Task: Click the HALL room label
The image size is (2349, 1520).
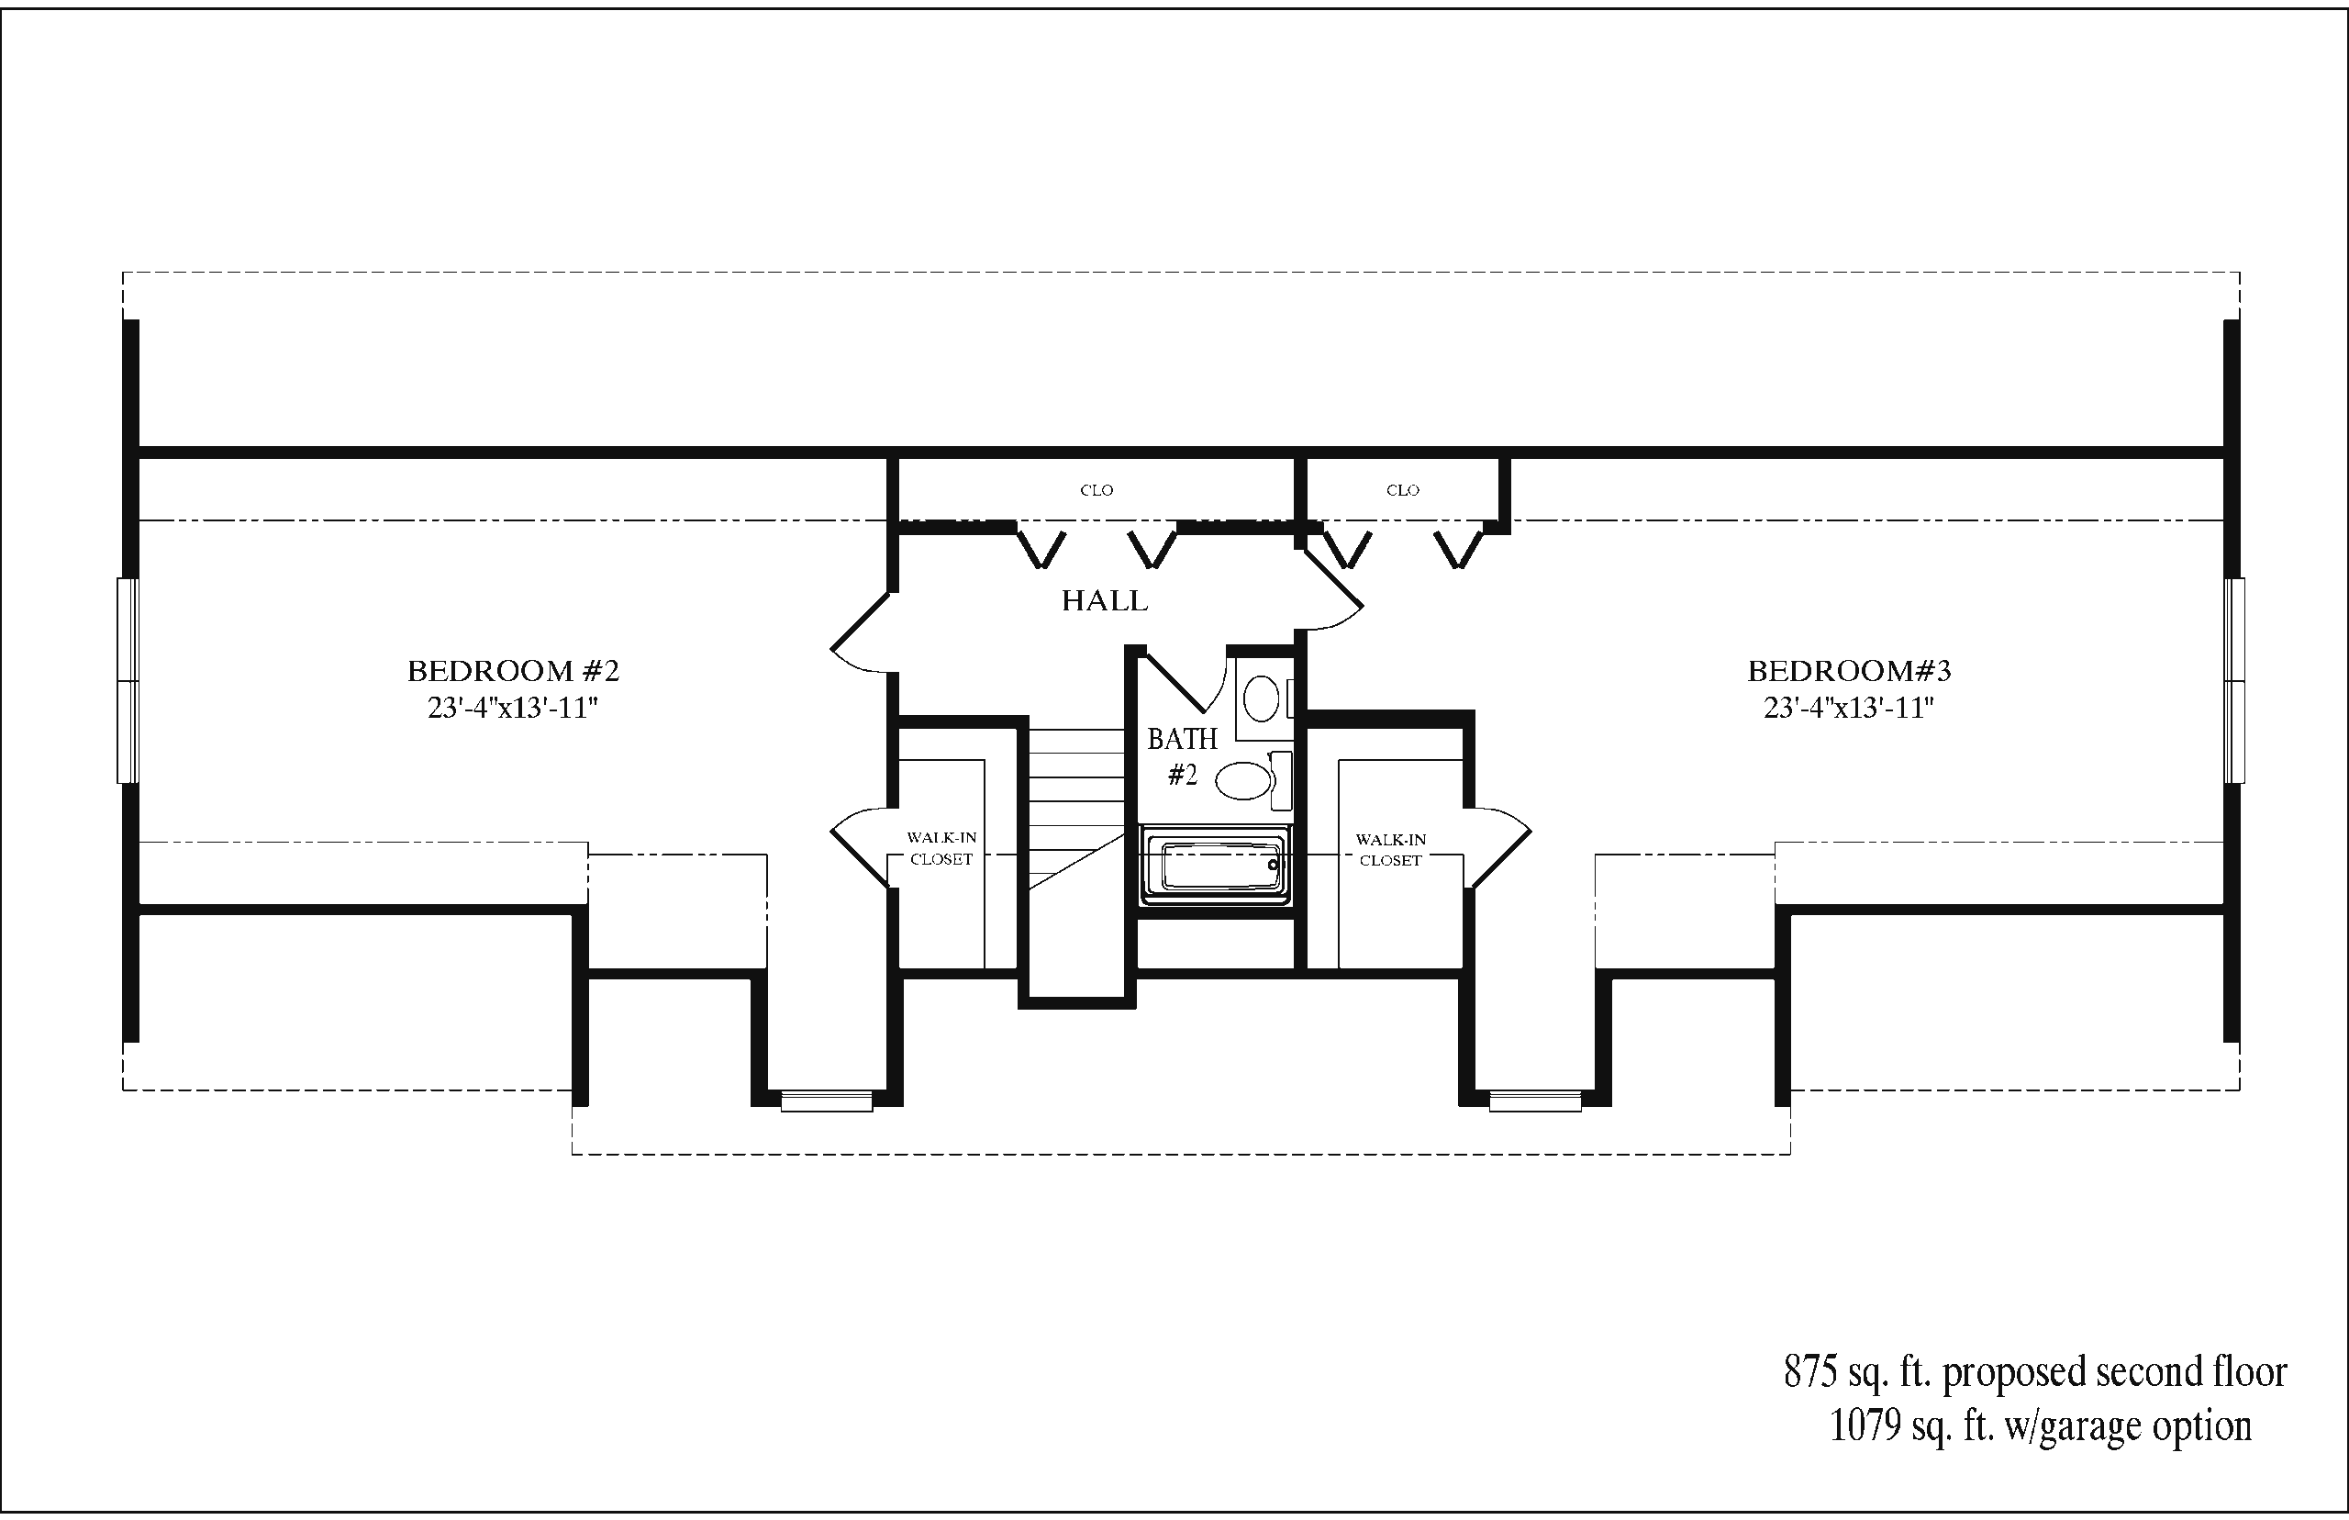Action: (x=1105, y=600)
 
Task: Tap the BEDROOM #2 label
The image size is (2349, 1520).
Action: (x=513, y=671)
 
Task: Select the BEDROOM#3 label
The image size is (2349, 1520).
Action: (x=1850, y=671)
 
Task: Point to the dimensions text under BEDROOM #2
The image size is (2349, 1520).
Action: (x=513, y=708)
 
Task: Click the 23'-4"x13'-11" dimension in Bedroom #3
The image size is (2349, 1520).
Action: (x=1849, y=708)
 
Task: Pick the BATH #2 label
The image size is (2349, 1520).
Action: (x=1182, y=756)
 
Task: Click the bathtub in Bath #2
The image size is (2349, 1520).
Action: (x=1216, y=866)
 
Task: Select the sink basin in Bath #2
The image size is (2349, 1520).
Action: (x=1261, y=699)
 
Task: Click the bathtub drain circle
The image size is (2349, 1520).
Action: (x=1273, y=866)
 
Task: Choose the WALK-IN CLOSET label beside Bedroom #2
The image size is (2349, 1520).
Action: (x=941, y=849)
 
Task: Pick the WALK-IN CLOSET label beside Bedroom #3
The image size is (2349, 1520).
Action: (x=1390, y=850)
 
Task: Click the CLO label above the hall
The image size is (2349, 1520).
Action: (x=1097, y=490)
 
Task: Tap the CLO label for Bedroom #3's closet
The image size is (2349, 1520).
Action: (x=1402, y=490)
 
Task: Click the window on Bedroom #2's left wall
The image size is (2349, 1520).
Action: (x=128, y=681)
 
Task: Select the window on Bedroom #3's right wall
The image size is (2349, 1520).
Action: (x=2233, y=681)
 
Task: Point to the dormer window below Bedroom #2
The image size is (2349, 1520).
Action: (x=827, y=1101)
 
